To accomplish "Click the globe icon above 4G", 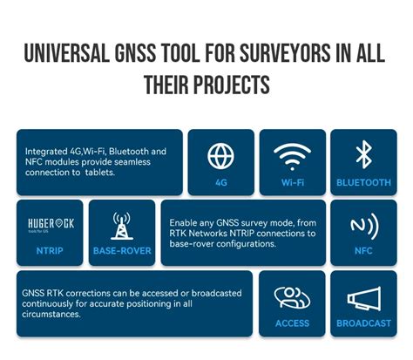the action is click(x=220, y=156).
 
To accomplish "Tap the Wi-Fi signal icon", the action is click(x=292, y=157).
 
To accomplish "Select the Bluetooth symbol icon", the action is click(x=364, y=154).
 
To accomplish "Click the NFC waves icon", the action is click(x=364, y=226).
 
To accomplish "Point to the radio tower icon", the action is click(x=122, y=226).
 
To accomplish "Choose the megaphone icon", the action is click(x=364, y=298).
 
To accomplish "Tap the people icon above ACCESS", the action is click(x=292, y=297).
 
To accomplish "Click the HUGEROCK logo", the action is click(x=51, y=225).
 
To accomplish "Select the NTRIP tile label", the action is click(x=50, y=250).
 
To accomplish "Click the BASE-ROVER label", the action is click(x=122, y=251).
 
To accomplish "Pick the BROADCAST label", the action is click(x=363, y=323).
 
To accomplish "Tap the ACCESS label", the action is click(x=292, y=323).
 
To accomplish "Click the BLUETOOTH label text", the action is click(x=363, y=182).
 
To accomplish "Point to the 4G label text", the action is click(x=221, y=182).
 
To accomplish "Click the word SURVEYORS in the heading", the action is click(x=285, y=53).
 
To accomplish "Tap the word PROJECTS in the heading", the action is click(x=232, y=85).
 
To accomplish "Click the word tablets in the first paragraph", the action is click(x=100, y=173).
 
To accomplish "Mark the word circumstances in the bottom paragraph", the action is click(x=51, y=315).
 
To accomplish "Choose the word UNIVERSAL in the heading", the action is click(x=67, y=53).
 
